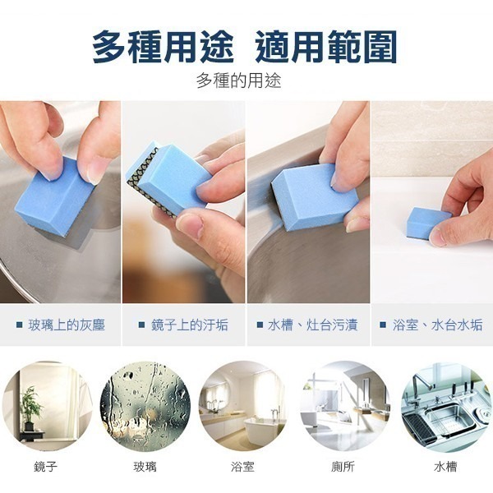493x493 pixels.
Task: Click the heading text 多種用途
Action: point(164,47)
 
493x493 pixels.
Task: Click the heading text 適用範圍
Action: point(325,47)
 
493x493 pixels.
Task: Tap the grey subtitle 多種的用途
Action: point(238,81)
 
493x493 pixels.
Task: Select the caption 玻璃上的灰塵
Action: point(67,325)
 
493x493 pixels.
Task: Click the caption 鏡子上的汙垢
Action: point(190,325)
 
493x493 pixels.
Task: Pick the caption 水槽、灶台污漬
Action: point(312,325)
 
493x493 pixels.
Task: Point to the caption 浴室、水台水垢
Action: point(437,325)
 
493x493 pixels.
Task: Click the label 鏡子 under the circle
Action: point(45,467)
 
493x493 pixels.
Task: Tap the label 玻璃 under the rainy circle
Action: point(145,467)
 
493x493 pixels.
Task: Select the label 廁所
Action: point(343,467)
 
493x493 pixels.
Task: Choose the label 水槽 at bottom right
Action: point(445,467)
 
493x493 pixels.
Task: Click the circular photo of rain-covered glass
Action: point(145,406)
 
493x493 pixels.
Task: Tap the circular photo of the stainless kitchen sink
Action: point(447,406)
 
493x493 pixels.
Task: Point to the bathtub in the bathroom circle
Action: point(260,429)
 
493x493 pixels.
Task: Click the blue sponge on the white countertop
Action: point(427,222)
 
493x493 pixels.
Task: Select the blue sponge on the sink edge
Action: point(315,197)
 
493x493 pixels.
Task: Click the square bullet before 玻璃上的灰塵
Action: point(20,325)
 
